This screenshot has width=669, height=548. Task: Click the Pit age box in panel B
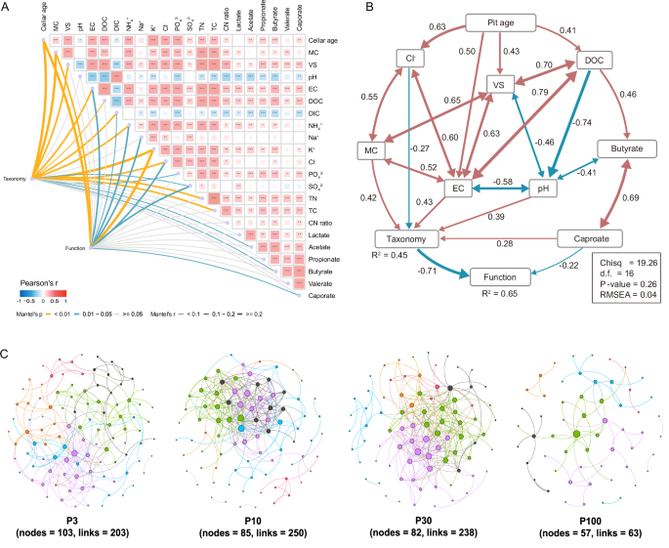[501, 21]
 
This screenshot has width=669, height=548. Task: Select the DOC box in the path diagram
[591, 61]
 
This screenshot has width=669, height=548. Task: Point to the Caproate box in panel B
[592, 237]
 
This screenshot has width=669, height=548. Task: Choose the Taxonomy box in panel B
[408, 238]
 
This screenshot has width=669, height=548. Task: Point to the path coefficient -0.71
[427, 271]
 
